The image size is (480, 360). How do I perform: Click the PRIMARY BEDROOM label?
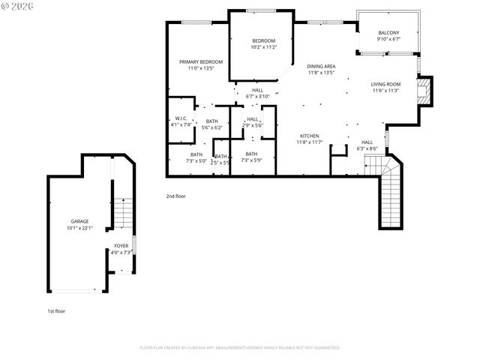click(196, 61)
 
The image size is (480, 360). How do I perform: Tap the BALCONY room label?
click(388, 33)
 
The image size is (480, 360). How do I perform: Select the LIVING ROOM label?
click(385, 84)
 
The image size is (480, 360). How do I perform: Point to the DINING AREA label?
click(321, 67)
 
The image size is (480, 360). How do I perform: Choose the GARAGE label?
click(79, 221)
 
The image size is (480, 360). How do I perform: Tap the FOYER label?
click(121, 246)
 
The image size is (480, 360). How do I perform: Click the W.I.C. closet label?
click(181, 118)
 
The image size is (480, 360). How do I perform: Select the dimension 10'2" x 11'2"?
click(264, 46)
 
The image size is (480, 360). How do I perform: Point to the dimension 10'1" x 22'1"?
click(79, 228)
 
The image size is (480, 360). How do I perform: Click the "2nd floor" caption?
click(176, 196)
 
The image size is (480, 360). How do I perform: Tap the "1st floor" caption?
click(56, 310)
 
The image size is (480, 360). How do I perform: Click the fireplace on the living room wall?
click(425, 91)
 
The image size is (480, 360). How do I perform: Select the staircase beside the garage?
click(122, 213)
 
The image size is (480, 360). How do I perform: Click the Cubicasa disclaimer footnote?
click(240, 348)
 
